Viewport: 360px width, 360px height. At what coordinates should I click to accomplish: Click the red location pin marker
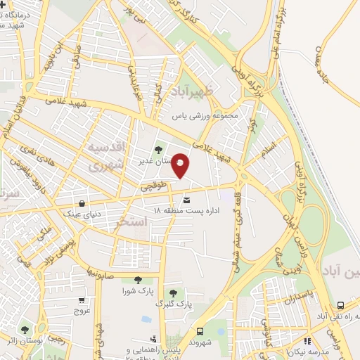click(x=181, y=165)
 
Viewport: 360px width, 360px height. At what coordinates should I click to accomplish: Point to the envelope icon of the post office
click(x=186, y=200)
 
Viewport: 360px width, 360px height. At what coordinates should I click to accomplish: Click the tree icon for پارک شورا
click(x=127, y=281)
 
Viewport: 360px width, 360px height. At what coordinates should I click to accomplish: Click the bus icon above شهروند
click(x=200, y=331)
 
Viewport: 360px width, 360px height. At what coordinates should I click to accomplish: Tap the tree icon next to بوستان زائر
click(x=25, y=329)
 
